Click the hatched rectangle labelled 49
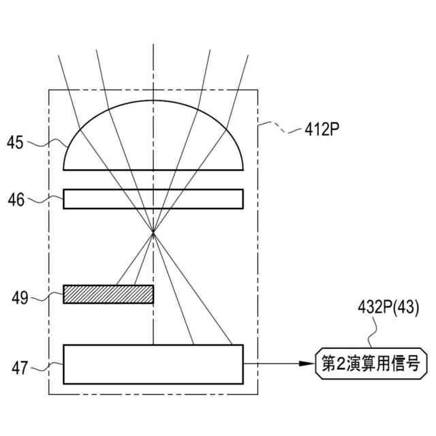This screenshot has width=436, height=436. (x=108, y=294)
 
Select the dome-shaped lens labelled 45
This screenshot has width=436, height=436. (x=153, y=136)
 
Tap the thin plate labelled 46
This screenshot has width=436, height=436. (x=153, y=198)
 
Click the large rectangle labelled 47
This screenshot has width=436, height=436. (x=153, y=366)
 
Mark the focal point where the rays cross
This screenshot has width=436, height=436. (x=153, y=234)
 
